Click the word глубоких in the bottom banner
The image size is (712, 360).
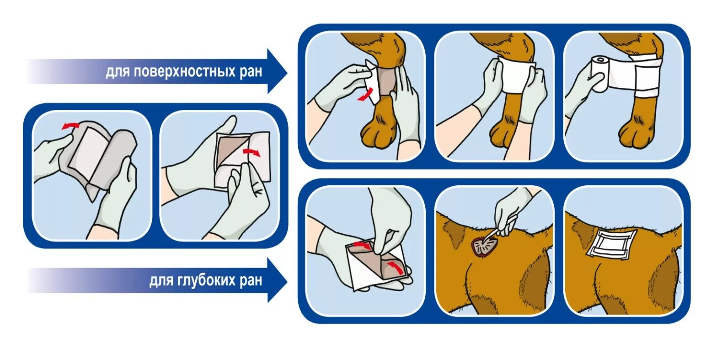(x=205, y=280)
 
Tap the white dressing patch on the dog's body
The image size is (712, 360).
(x=611, y=244)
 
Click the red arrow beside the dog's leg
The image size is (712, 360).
(x=365, y=95)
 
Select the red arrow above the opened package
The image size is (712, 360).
(x=70, y=125)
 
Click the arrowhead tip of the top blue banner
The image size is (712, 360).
(x=287, y=72)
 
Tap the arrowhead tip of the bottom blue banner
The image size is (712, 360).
(x=287, y=281)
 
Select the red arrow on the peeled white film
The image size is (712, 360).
(x=252, y=152)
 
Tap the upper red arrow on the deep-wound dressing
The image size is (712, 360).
(x=362, y=245)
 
